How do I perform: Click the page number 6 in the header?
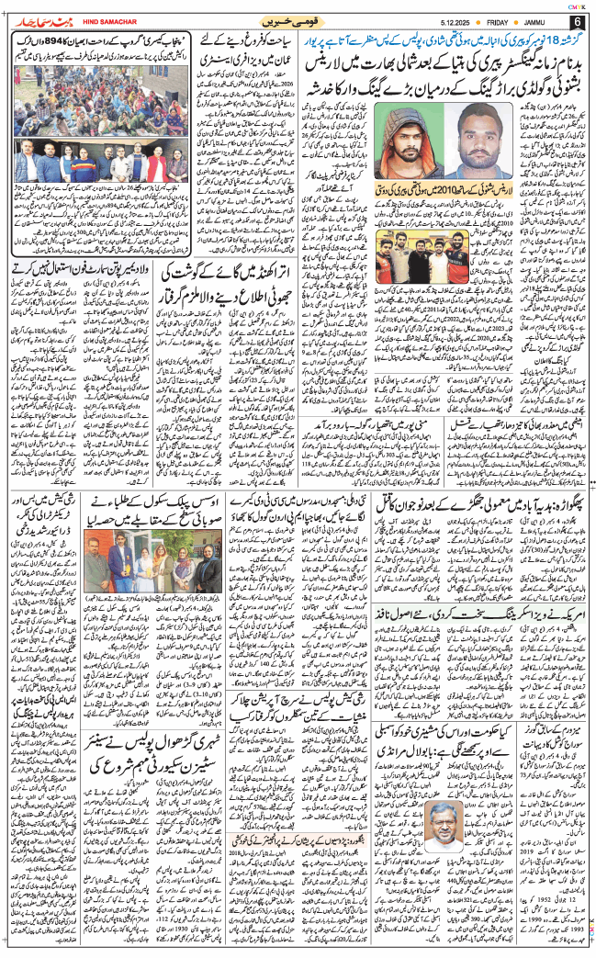(578, 21)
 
